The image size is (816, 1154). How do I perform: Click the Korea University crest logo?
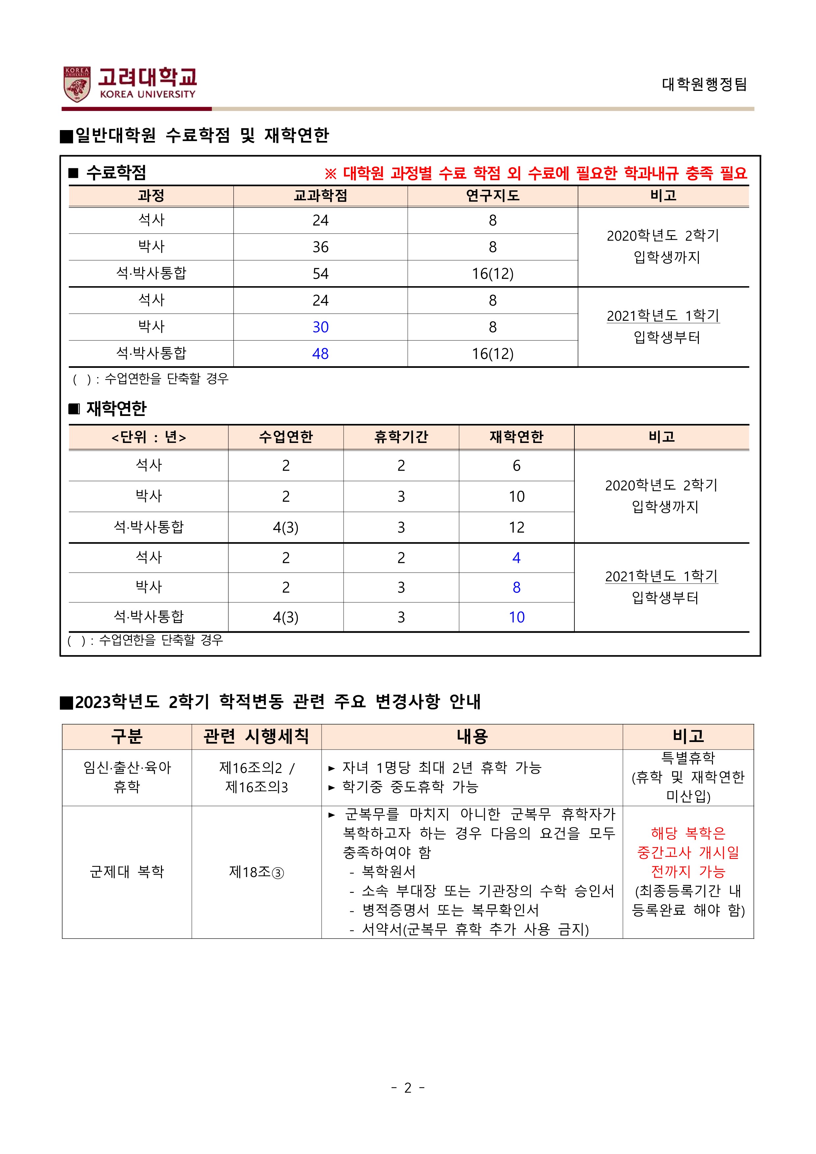[x=77, y=84]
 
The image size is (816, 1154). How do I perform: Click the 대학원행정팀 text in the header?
[x=704, y=84]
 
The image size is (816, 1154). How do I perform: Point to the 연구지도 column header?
[x=492, y=196]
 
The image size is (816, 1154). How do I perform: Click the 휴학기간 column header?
[x=401, y=437]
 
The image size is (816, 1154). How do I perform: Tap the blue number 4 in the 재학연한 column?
[x=516, y=558]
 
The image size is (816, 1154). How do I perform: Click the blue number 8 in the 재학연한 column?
[x=516, y=588]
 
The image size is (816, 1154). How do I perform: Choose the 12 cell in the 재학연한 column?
[x=516, y=527]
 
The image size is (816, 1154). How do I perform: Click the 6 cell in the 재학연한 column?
[x=516, y=465]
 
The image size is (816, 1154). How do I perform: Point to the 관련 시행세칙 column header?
[x=256, y=736]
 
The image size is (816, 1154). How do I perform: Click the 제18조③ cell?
[x=256, y=872]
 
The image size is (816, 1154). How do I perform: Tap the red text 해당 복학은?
[x=688, y=833]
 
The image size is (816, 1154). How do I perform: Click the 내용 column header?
[x=472, y=736]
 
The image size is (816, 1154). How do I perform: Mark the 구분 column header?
[x=127, y=736]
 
